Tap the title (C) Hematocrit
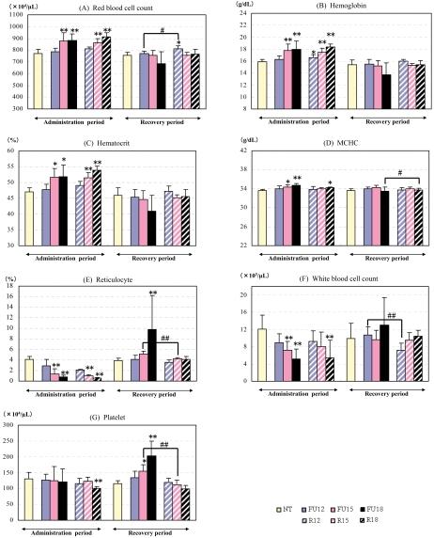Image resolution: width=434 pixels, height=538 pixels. tap(108, 143)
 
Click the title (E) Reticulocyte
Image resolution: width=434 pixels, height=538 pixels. tap(108, 279)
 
